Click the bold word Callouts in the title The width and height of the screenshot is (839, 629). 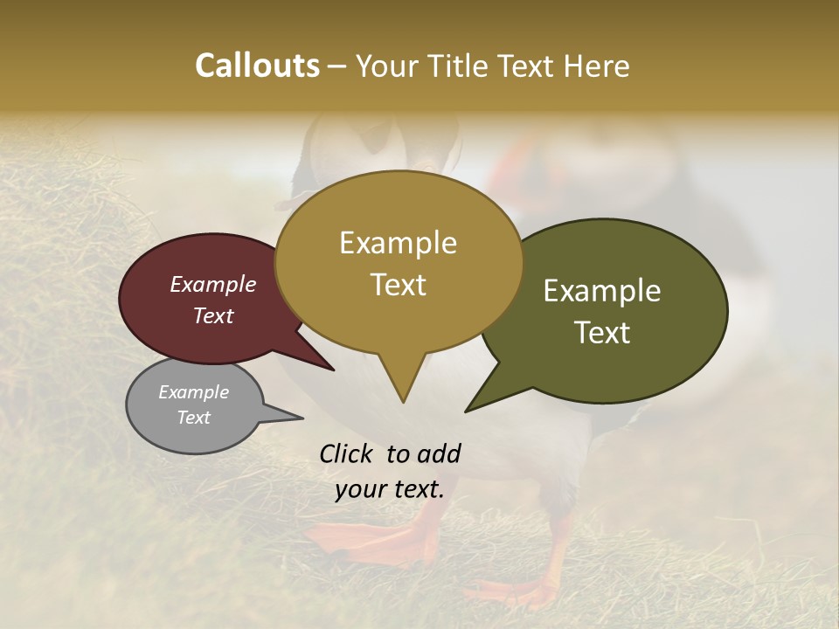click(257, 66)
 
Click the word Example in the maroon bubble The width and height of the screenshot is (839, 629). click(212, 284)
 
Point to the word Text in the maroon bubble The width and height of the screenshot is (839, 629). click(212, 315)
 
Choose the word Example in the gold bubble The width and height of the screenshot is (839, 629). click(398, 243)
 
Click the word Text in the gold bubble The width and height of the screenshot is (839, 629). click(398, 285)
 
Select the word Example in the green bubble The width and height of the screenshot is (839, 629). click(602, 291)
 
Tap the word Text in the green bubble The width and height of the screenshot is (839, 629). click(602, 333)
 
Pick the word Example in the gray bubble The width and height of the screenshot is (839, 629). click(193, 392)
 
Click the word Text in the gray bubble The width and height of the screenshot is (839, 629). click(193, 418)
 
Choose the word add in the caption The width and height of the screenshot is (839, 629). click(439, 453)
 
